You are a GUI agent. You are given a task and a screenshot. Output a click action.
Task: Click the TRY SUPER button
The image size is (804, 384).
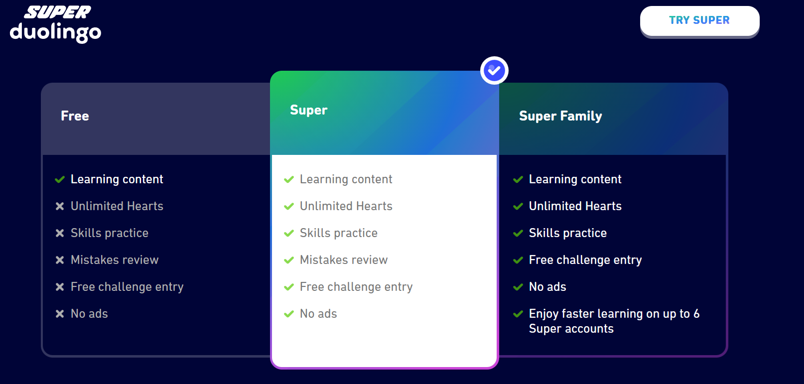coord(699,20)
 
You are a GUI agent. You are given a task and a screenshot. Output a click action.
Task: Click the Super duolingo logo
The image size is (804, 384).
coord(55,23)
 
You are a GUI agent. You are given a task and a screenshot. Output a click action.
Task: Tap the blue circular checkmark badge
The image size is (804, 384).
coord(494,71)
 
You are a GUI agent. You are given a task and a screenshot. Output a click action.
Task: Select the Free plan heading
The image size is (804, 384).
coord(75,116)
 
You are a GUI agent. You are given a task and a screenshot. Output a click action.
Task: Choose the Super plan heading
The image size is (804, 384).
coord(309,110)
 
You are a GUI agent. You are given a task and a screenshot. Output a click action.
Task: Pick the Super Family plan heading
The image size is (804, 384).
coord(560,116)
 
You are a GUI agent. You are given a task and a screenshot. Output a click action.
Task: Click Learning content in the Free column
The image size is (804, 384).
coord(117,179)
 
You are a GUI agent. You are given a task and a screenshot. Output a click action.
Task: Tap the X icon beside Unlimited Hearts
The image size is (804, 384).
coord(60,206)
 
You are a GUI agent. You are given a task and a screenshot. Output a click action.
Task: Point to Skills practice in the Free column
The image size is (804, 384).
coord(110,233)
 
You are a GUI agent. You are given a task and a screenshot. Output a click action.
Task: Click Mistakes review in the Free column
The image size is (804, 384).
coord(115,260)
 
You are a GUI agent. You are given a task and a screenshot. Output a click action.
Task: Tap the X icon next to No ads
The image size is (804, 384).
coord(60,314)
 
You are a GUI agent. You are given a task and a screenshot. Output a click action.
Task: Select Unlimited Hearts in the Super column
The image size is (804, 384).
coord(346,206)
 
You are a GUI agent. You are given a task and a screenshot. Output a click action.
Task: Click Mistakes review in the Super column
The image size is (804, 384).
coord(344,260)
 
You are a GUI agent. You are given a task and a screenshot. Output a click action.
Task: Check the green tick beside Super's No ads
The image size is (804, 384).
coord(289,314)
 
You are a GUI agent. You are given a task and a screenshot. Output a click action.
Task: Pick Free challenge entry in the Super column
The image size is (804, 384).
coord(356,287)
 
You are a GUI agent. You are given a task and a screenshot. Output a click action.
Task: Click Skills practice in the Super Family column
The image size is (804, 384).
coord(568,233)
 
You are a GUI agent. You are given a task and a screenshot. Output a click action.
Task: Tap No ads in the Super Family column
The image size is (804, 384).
coord(547,287)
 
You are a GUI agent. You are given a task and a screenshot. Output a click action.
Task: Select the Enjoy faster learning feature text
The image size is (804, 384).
coord(614,321)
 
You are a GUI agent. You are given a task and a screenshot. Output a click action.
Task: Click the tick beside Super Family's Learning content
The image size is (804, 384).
coord(518,179)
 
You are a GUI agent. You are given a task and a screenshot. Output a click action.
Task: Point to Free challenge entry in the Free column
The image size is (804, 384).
coord(127,287)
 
